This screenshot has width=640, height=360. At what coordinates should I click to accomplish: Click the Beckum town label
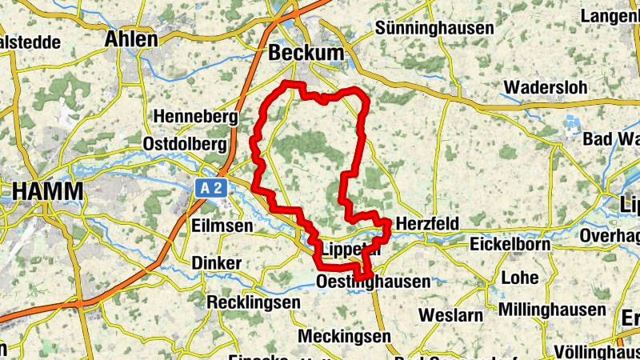point(307,53)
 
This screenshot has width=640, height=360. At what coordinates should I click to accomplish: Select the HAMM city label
point(47,192)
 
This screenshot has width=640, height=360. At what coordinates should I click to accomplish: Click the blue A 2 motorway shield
point(210,187)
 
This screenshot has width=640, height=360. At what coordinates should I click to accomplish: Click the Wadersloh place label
point(546,86)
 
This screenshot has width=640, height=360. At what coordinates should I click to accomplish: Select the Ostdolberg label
point(190,143)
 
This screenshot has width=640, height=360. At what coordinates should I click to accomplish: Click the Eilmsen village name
point(222,226)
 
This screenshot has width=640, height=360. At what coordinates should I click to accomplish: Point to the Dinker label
point(216,263)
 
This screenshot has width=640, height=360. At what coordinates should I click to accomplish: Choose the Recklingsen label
point(253,302)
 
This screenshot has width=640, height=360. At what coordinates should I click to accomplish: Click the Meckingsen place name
point(344,336)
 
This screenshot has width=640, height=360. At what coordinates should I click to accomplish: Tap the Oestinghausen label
point(374,282)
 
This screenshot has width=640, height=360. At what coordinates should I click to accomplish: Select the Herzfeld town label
point(427,225)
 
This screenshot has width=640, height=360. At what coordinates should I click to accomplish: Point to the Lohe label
point(519,278)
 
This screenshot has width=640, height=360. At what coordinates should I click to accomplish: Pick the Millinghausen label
point(551,310)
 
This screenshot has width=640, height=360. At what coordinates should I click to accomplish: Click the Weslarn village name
point(448,314)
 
